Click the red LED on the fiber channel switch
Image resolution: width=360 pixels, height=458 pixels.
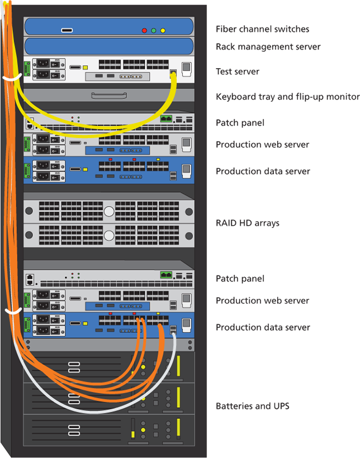coord(144,30)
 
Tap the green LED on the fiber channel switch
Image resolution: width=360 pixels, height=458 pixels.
coord(154,30)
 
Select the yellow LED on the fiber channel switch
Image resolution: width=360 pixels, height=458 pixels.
coord(163,30)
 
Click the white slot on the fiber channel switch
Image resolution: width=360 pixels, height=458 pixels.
coord(67,30)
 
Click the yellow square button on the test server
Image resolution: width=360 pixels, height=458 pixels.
coord(85,67)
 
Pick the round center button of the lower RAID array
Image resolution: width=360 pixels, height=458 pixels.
coord(109,235)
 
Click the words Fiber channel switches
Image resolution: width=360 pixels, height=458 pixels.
coord(262,29)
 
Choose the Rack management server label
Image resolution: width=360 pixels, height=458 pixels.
coord(268,47)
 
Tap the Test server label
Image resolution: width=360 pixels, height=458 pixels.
coord(238,71)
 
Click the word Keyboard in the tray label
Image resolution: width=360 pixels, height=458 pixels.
coord(235,97)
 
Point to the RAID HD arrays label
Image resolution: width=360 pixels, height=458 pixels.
coord(247,223)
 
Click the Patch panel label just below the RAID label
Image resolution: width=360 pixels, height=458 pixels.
coord(240,279)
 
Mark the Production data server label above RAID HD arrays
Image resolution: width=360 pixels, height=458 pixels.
coord(263,171)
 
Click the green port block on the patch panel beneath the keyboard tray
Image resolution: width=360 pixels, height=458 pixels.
coord(166,118)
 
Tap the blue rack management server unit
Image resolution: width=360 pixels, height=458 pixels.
coord(110,46)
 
